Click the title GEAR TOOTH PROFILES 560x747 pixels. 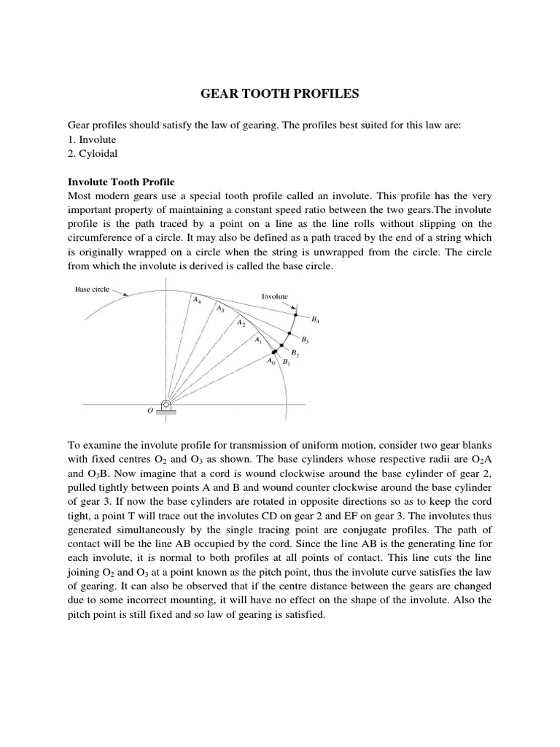coord(279,93)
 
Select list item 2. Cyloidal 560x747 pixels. coord(93,153)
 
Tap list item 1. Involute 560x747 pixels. coord(92,139)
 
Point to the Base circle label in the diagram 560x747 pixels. coord(93,290)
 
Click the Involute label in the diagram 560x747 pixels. coord(275,297)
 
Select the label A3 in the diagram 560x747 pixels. coord(219,309)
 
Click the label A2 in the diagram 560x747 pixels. coord(241,322)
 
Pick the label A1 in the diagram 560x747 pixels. coord(257,339)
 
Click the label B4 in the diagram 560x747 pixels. coord(315,320)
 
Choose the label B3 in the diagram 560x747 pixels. coord(306,340)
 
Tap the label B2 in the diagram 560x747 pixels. coord(295,353)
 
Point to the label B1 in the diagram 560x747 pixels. coord(287,363)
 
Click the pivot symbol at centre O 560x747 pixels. coord(167,405)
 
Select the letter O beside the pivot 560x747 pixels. coord(149,411)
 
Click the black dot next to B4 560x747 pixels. coord(295,314)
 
